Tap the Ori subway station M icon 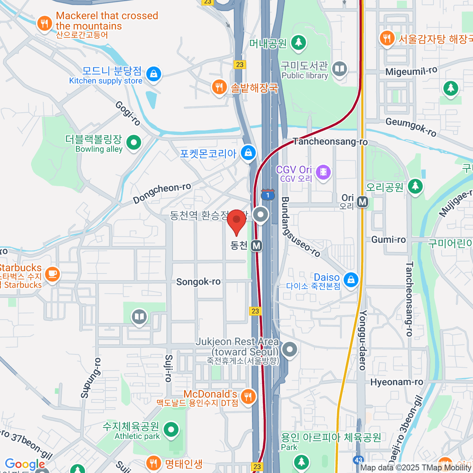[362, 202]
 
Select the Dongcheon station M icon [257, 246]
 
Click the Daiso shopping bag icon [350, 279]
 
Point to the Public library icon [339, 69]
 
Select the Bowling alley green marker [134, 142]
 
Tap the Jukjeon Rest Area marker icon [290, 349]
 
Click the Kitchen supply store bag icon [153, 73]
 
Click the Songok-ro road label [198, 282]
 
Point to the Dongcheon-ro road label [162, 193]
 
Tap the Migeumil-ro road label [411, 71]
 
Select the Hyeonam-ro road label [397, 382]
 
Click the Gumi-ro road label [388, 240]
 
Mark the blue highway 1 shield [268, 195]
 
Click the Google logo [25, 464]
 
